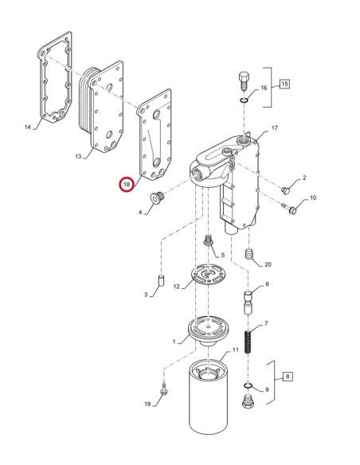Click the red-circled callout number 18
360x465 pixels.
pyautogui.click(x=127, y=185)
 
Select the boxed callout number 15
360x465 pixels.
pyautogui.click(x=284, y=84)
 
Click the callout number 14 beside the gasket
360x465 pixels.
pyautogui.click(x=29, y=127)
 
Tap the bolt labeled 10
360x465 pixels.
pyautogui.click(x=292, y=210)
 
